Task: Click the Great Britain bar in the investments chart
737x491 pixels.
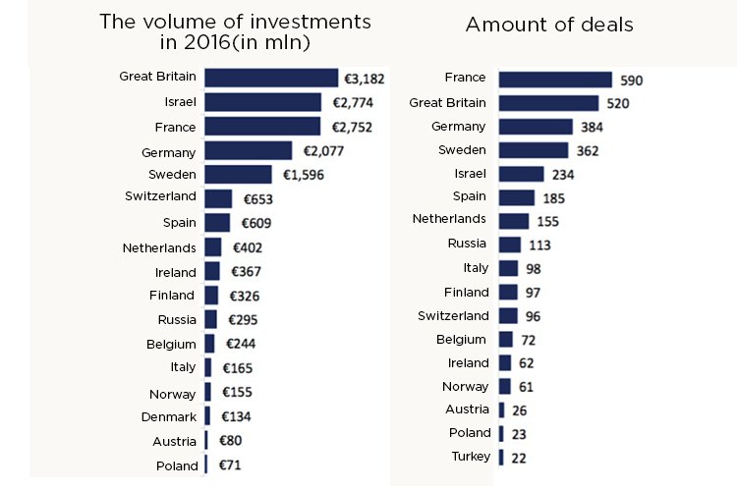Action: tap(271, 78)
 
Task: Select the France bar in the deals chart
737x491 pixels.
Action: tap(555, 80)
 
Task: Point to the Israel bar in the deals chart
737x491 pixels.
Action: tap(521, 174)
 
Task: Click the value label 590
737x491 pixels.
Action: tap(631, 81)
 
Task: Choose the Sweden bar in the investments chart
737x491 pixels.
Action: tap(238, 175)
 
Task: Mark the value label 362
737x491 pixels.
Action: tap(589, 151)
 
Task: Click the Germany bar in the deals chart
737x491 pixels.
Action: tap(536, 127)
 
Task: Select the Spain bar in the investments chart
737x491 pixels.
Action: tap(217, 223)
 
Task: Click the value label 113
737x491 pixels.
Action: tap(539, 245)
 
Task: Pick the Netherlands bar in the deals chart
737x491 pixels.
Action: tap(514, 221)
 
